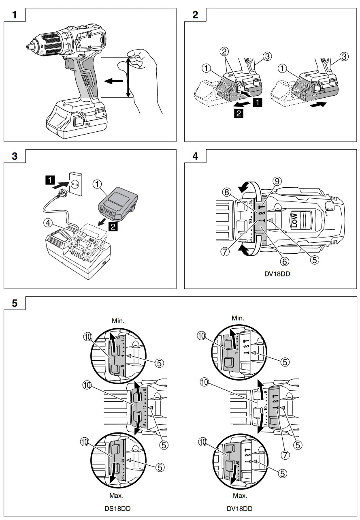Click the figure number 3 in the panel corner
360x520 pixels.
pyautogui.click(x=15, y=157)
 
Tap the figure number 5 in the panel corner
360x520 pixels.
pyautogui.click(x=15, y=304)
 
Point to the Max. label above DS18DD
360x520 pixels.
pyautogui.click(x=117, y=495)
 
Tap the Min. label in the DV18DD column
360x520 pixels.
pyautogui.click(x=238, y=318)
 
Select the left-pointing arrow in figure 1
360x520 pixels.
pyautogui.click(x=111, y=81)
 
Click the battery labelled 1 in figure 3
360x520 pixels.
pyautogui.click(x=118, y=203)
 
